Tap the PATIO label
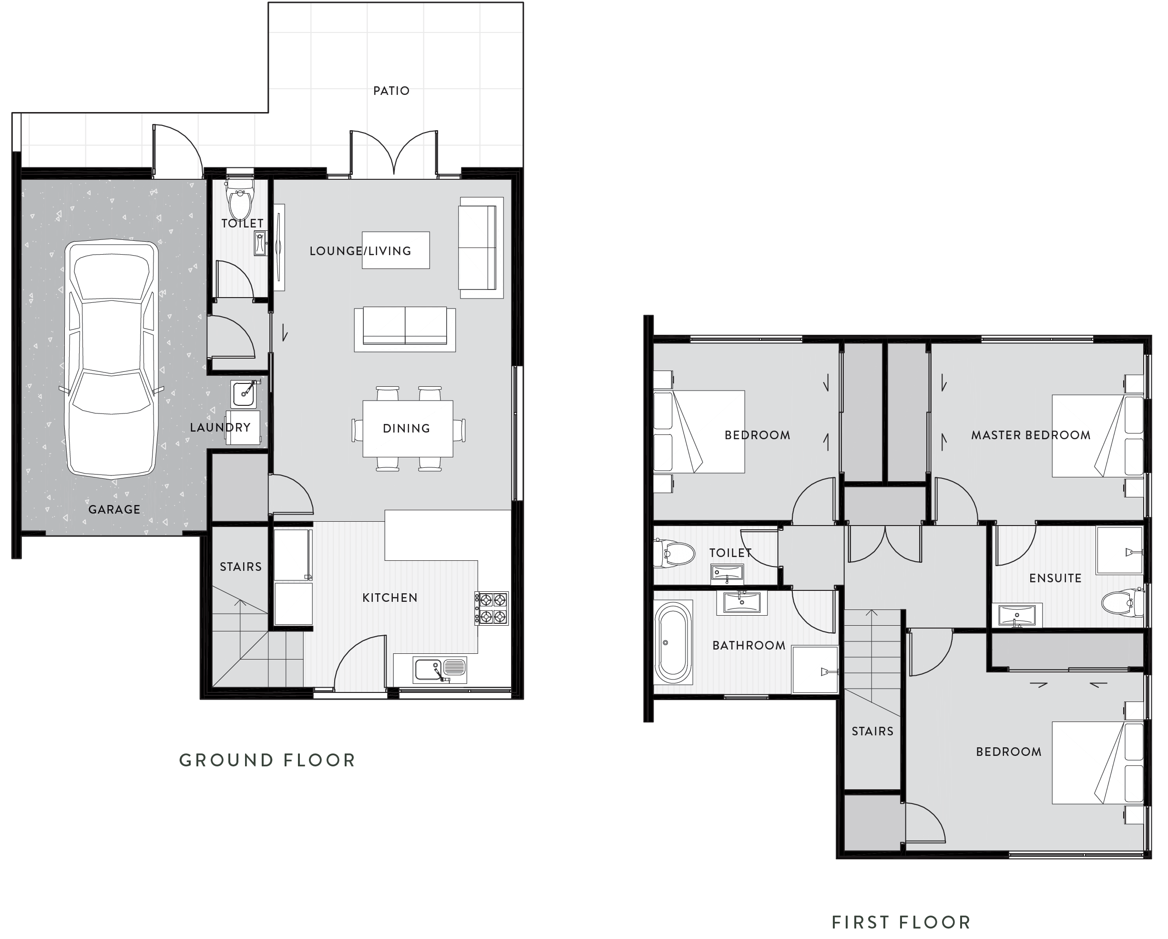pyautogui.click(x=391, y=91)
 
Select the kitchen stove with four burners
pyautogui.click(x=492, y=608)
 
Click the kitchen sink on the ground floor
pyautogui.click(x=440, y=670)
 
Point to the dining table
pyautogui.click(x=408, y=428)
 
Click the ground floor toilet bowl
pyautogui.click(x=240, y=200)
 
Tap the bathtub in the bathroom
pyautogui.click(x=673, y=642)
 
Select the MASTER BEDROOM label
pyautogui.click(x=1030, y=435)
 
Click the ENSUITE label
pyautogui.click(x=1055, y=578)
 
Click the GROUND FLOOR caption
pyautogui.click(x=267, y=760)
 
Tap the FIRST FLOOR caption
pyautogui.click(x=901, y=922)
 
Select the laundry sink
pyautogui.click(x=244, y=393)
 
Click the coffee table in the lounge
pyautogui.click(x=396, y=250)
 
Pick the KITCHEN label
pyautogui.click(x=389, y=598)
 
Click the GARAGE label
pyautogui.click(x=114, y=509)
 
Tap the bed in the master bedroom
pyautogui.click(x=1097, y=436)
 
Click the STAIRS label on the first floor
pyautogui.click(x=872, y=731)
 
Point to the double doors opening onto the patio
pyautogui.click(x=394, y=155)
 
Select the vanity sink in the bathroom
pyautogui.click(x=741, y=602)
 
